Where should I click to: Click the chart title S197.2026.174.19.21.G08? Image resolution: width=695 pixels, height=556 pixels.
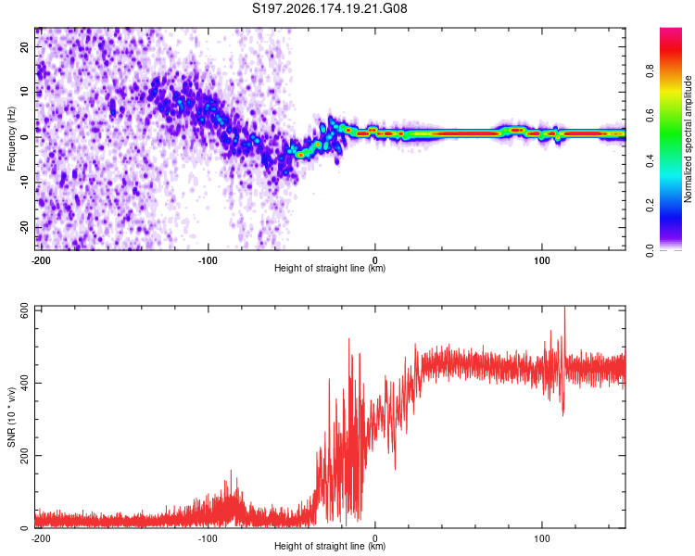[329, 8]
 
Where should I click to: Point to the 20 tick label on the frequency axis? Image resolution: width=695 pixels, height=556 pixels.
[25, 47]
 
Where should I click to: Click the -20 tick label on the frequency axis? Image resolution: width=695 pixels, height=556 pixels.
[25, 228]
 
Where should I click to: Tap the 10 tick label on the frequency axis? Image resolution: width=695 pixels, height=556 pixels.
[25, 93]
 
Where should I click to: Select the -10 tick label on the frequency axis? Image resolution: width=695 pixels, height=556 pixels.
[25, 183]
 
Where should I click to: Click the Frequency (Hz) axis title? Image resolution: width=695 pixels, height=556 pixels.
[11, 139]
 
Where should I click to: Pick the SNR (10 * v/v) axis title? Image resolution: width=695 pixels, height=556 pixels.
[11, 417]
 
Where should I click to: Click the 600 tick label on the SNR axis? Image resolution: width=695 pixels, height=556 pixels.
[25, 311]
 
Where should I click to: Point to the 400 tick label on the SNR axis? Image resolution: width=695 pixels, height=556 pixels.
[25, 383]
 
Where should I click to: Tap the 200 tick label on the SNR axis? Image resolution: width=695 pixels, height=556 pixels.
[25, 455]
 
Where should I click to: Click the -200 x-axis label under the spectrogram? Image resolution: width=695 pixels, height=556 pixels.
[41, 260]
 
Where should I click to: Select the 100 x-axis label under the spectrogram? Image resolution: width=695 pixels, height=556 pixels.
[542, 260]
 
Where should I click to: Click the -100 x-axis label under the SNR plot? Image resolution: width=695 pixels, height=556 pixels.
[208, 538]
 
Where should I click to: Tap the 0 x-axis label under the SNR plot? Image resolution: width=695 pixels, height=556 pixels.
[375, 538]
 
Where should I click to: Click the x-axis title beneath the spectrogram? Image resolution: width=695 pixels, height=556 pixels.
[330, 268]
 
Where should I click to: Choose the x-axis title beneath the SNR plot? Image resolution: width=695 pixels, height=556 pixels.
[330, 546]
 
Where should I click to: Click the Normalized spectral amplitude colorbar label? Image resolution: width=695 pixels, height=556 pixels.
[688, 139]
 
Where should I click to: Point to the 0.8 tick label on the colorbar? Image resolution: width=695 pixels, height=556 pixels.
[650, 70]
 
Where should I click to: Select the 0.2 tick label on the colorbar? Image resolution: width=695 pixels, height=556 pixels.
[650, 206]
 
